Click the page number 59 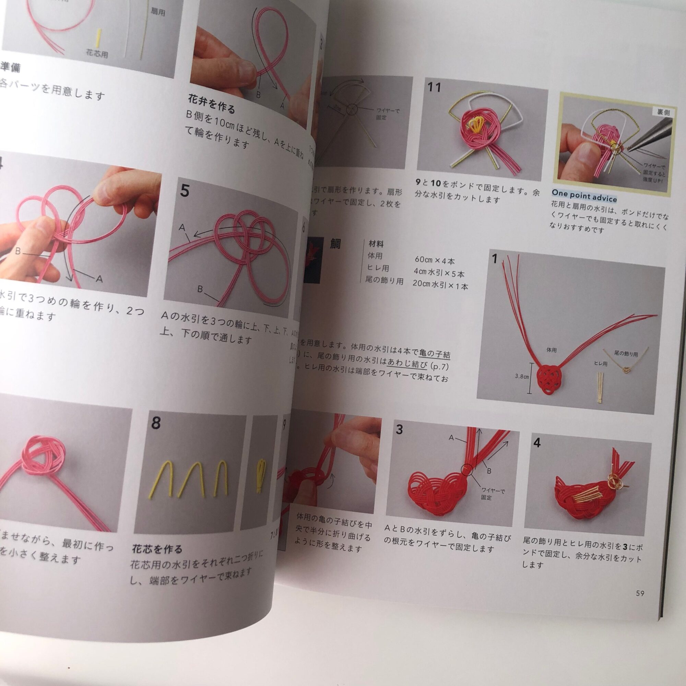click(x=640, y=593)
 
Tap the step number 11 click(x=434, y=87)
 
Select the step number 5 click(x=185, y=191)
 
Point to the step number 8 click(x=156, y=423)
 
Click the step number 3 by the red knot click(x=400, y=429)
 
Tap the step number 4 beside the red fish click(x=537, y=442)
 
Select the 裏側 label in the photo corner click(x=663, y=112)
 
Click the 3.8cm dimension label click(x=522, y=376)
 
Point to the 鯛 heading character click(x=335, y=244)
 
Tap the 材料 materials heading click(x=376, y=244)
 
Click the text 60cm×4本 click(x=434, y=261)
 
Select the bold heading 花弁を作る click(x=211, y=104)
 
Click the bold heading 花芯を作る click(x=157, y=549)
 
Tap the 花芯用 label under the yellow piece click(x=97, y=54)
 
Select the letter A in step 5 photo click(x=182, y=227)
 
